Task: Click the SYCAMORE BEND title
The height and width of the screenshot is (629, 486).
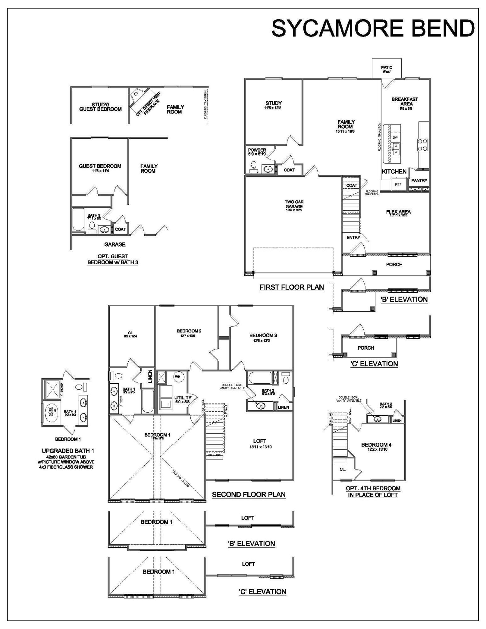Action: click(373, 28)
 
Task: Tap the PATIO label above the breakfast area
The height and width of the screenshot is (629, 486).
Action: click(387, 68)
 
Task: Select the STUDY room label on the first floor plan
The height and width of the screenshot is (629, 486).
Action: click(273, 103)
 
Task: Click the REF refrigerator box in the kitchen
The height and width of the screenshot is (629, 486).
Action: click(398, 185)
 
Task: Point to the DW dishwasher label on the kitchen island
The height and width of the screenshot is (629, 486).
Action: click(395, 138)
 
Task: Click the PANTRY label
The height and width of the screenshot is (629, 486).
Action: click(419, 181)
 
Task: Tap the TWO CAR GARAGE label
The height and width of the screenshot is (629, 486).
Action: click(294, 204)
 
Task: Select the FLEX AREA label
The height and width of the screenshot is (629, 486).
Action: click(398, 212)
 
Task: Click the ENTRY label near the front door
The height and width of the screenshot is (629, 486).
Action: click(353, 237)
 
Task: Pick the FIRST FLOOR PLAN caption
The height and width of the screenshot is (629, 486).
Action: click(292, 287)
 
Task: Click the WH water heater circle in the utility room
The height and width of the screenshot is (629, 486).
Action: click(178, 376)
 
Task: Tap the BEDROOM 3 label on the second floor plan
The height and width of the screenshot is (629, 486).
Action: click(263, 335)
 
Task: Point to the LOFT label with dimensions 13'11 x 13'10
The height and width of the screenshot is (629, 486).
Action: click(260, 441)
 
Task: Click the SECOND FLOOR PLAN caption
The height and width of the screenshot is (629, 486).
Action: click(249, 494)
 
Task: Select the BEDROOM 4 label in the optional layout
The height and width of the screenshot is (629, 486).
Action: click(376, 445)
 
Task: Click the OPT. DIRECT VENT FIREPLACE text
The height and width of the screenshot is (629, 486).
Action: click(148, 104)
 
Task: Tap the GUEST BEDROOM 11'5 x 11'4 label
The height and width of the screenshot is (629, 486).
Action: click(100, 166)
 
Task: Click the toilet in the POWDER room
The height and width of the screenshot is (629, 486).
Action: click(254, 166)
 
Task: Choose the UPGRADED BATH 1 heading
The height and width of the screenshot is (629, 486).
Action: click(68, 451)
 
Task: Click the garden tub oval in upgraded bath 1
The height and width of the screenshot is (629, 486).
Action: click(50, 411)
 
